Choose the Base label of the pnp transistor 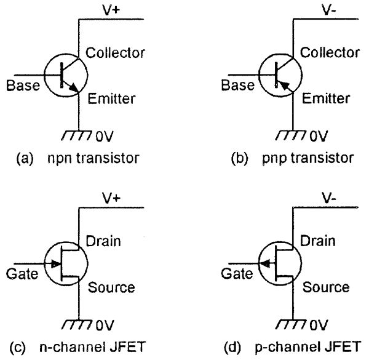234,86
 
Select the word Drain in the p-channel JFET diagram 317,241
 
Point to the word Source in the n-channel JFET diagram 111,287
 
